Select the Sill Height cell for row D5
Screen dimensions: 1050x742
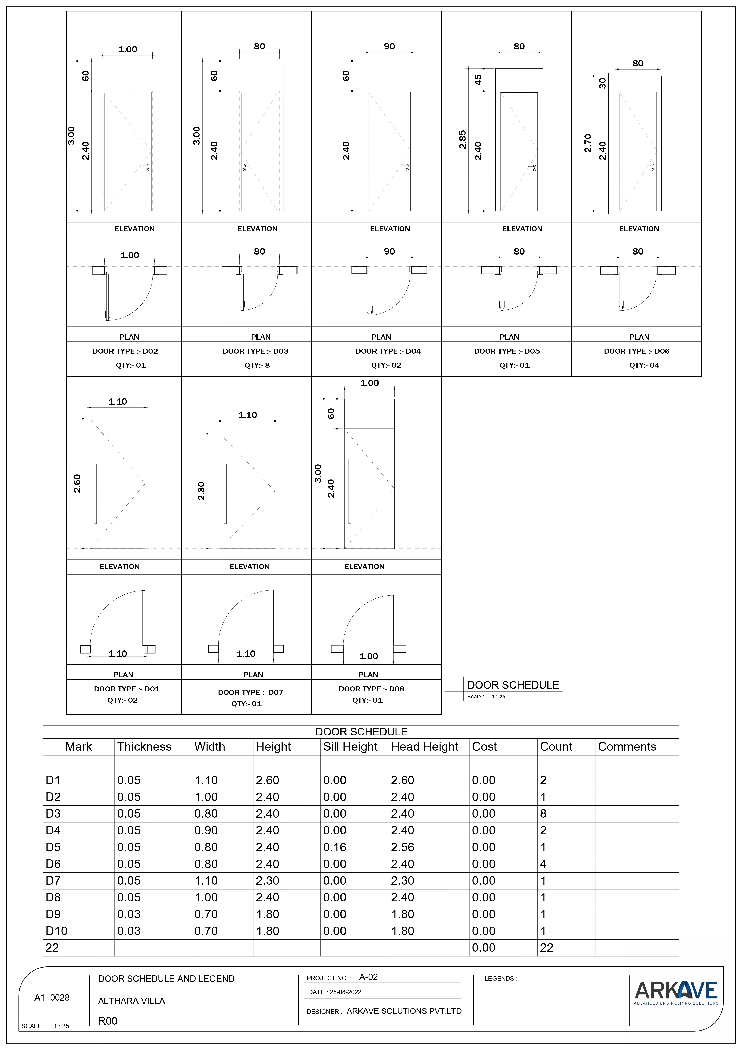pos(335,847)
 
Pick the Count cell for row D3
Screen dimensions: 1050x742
pos(543,814)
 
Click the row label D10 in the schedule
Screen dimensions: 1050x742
pos(56,931)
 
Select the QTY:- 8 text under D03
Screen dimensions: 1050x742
pos(257,365)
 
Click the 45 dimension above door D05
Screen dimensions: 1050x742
pos(478,80)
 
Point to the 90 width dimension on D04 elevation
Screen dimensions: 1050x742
pos(389,46)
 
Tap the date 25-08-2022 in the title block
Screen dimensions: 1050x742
pos(345,992)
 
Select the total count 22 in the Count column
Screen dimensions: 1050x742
pos(547,947)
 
